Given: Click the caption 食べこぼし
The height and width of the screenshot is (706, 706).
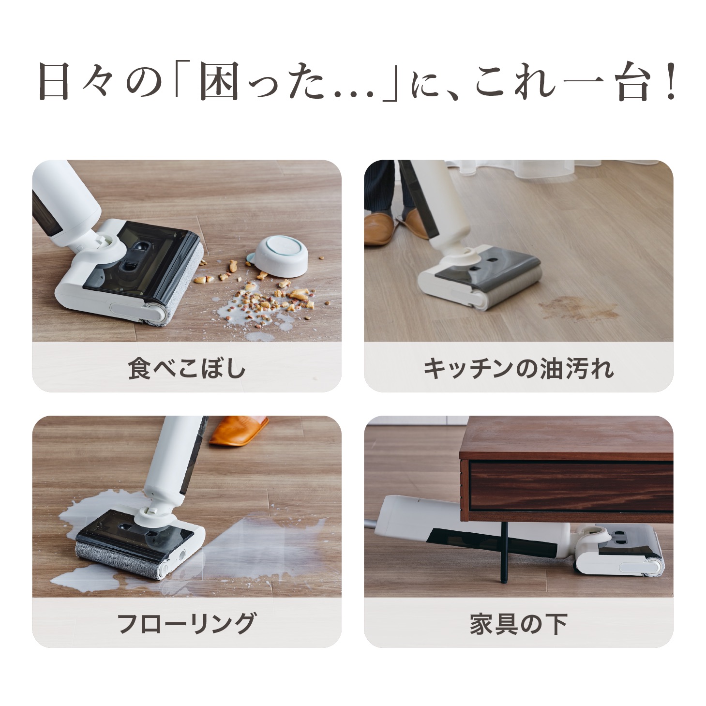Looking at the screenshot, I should [x=187, y=368].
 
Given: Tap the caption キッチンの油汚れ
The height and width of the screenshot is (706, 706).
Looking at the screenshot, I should [x=518, y=368].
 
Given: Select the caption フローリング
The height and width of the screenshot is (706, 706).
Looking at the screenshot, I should [x=187, y=623].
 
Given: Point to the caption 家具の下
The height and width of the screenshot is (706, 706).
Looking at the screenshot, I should [x=518, y=623].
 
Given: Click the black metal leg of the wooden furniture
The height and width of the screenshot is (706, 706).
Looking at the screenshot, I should [x=504, y=552].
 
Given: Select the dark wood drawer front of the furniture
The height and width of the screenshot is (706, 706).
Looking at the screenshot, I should [x=571, y=484].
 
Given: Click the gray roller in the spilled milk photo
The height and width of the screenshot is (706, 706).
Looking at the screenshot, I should [x=119, y=560].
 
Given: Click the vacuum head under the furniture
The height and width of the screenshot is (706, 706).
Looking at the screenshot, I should [x=619, y=552].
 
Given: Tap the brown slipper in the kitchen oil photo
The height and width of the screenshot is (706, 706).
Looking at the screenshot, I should [x=379, y=227].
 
